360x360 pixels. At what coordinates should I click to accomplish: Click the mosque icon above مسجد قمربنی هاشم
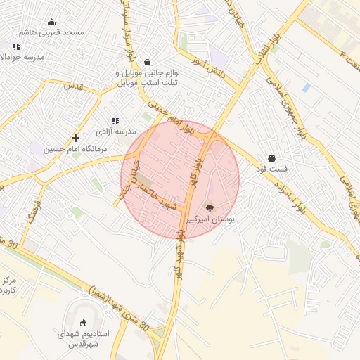click(53, 22)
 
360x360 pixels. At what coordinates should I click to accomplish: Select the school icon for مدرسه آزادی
click(115, 121)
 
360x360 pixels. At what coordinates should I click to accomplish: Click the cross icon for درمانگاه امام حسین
click(75, 138)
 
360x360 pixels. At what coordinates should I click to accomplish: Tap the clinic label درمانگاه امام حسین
click(75, 148)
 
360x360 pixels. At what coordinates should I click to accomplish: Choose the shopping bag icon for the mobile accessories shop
click(147, 62)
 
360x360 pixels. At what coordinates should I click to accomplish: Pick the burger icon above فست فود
click(271, 158)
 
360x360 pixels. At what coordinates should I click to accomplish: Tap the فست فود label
click(271, 169)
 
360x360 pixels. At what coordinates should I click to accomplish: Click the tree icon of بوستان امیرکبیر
click(209, 207)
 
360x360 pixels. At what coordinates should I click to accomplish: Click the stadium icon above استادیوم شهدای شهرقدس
click(84, 323)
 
